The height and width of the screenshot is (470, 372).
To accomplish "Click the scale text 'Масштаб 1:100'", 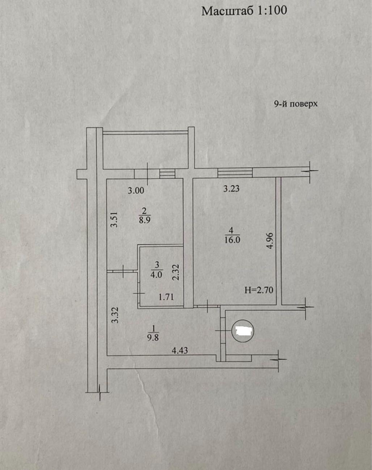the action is (244, 11).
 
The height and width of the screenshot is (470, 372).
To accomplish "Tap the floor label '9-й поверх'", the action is (296, 104).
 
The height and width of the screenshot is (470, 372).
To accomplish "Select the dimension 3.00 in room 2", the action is (136, 191).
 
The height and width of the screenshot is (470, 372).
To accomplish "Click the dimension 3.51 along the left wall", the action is (114, 220).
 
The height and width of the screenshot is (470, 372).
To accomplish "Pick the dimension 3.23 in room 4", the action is (231, 189).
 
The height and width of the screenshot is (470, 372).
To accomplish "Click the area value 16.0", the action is (232, 240).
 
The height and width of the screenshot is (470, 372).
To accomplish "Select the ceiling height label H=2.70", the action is (259, 290).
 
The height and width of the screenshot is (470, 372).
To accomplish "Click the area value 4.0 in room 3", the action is (156, 274).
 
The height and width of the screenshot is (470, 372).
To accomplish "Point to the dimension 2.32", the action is (176, 272).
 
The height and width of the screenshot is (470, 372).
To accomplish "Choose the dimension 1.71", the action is (166, 297).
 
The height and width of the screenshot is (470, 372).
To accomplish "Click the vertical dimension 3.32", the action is (115, 315).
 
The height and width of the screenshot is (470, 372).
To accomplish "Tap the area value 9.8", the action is (153, 338).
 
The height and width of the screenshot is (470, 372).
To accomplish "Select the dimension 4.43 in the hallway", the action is (180, 350).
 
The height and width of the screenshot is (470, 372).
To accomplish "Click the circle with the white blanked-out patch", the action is (242, 331).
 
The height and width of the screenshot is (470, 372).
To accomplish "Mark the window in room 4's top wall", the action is (235, 173).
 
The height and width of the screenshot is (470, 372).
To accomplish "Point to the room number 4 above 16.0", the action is (232, 230).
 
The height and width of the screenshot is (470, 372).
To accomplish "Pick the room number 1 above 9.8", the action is (153, 328).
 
